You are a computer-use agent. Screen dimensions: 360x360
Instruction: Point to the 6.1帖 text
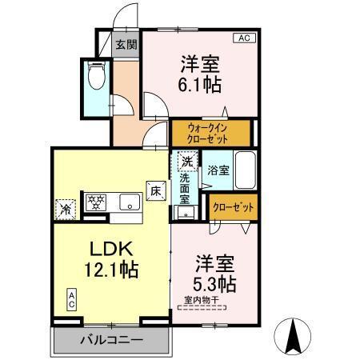click(200, 82)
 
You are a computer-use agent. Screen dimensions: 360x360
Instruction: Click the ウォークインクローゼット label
click(210, 132)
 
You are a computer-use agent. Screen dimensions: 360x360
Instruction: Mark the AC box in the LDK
click(70, 300)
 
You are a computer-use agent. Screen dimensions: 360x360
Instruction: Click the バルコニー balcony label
click(111, 340)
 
